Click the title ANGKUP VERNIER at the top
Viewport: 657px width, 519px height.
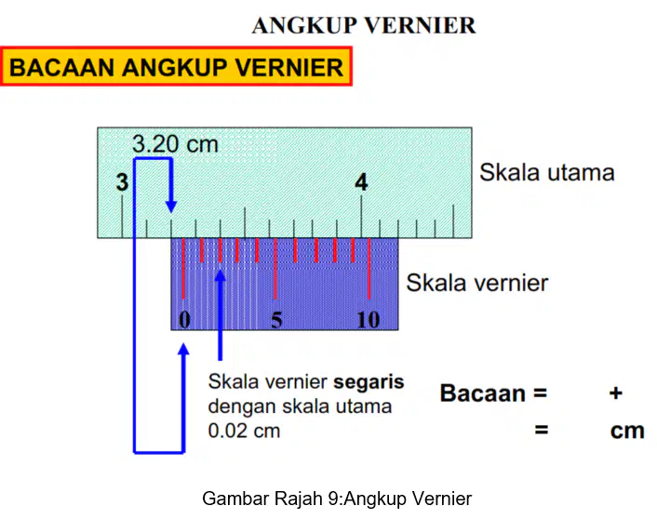click(364, 25)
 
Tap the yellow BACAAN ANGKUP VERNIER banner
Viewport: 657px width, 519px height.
click(176, 67)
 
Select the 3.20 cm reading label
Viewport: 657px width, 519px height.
click(175, 143)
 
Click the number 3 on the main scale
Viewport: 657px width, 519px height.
click(122, 182)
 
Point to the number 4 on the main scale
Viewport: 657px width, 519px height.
click(361, 182)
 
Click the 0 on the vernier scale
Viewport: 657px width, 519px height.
click(184, 320)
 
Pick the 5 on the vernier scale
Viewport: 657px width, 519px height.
click(276, 320)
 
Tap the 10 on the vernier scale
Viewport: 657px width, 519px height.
click(369, 320)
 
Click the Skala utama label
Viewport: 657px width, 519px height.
click(547, 172)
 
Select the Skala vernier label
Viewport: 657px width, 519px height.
click(476, 283)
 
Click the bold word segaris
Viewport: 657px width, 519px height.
click(369, 382)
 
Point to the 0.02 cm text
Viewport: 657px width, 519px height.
click(244, 431)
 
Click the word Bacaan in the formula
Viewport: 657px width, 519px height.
click(483, 393)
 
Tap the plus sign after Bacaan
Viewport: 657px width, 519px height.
click(615, 393)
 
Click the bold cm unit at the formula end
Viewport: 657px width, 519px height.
click(627, 431)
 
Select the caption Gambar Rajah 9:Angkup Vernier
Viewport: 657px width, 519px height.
click(337, 499)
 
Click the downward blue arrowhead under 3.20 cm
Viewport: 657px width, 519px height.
click(171, 206)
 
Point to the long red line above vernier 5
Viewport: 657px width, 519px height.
click(275, 269)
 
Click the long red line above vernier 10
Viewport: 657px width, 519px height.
click(369, 269)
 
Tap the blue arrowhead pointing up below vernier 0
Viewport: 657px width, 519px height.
click(183, 349)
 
